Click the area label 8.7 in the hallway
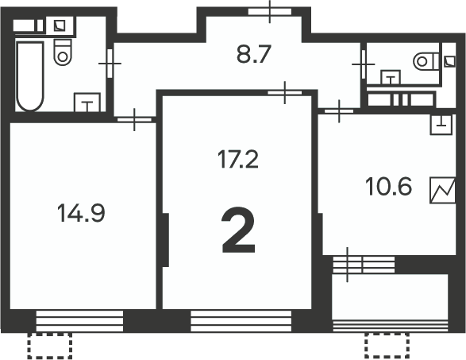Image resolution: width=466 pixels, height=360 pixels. click(254, 54)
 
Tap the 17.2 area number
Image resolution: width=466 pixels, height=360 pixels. click(237, 160)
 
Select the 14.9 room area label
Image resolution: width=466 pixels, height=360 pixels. click(81, 213)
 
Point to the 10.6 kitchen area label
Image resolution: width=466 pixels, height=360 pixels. click(388, 187)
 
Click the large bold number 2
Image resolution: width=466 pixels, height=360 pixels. click(238, 230)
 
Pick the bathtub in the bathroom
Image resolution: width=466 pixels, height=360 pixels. click(30, 76)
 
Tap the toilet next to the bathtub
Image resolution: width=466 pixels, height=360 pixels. click(63, 52)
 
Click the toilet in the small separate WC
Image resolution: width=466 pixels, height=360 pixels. click(426, 61)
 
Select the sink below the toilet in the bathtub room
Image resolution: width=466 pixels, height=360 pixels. click(87, 103)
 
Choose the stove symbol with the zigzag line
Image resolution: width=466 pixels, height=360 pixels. click(443, 191)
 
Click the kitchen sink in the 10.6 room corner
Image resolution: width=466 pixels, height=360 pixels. click(441, 124)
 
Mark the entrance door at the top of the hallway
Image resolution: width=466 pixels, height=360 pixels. click(270, 12)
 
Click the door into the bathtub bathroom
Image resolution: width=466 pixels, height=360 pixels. click(110, 64)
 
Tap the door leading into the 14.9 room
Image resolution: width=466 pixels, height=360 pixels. click(134, 120)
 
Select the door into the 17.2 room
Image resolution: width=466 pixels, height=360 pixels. click(285, 92)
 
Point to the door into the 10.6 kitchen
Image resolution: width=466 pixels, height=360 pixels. click(339, 111)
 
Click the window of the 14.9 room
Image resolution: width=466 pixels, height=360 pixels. click(79, 321)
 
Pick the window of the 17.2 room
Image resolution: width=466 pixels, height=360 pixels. click(241, 321)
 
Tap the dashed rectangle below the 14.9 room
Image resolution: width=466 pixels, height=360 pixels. click(50, 346)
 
